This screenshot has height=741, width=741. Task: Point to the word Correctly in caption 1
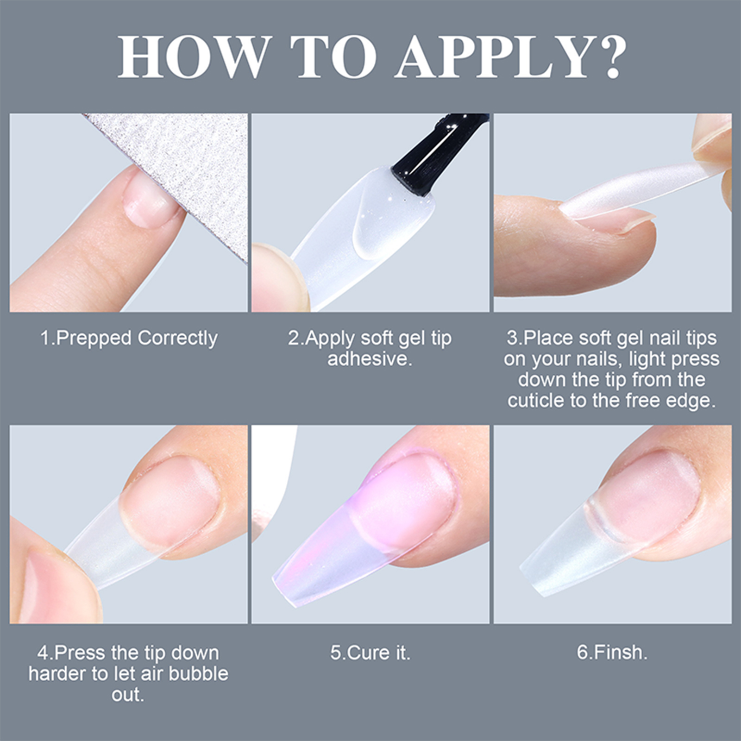177,339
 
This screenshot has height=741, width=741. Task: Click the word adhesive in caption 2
369,359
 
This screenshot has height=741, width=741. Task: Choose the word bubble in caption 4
198,674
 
